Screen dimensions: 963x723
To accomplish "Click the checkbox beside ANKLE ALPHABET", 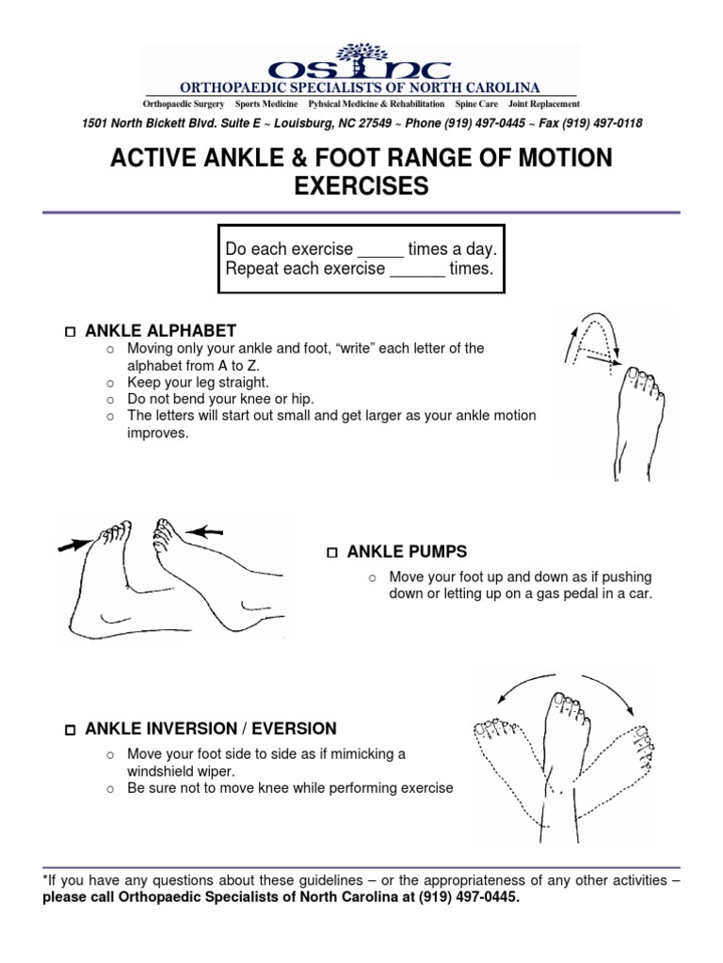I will click(71, 332).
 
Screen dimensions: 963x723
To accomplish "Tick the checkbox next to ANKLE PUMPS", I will click(331, 552).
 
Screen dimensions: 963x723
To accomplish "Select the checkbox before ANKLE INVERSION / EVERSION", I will click(71, 731).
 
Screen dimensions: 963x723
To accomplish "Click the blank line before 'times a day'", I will click(380, 251).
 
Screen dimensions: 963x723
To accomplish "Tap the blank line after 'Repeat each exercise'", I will click(417, 270).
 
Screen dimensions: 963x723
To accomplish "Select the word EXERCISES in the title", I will click(361, 187).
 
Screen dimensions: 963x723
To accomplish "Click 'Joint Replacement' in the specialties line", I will click(544, 104).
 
